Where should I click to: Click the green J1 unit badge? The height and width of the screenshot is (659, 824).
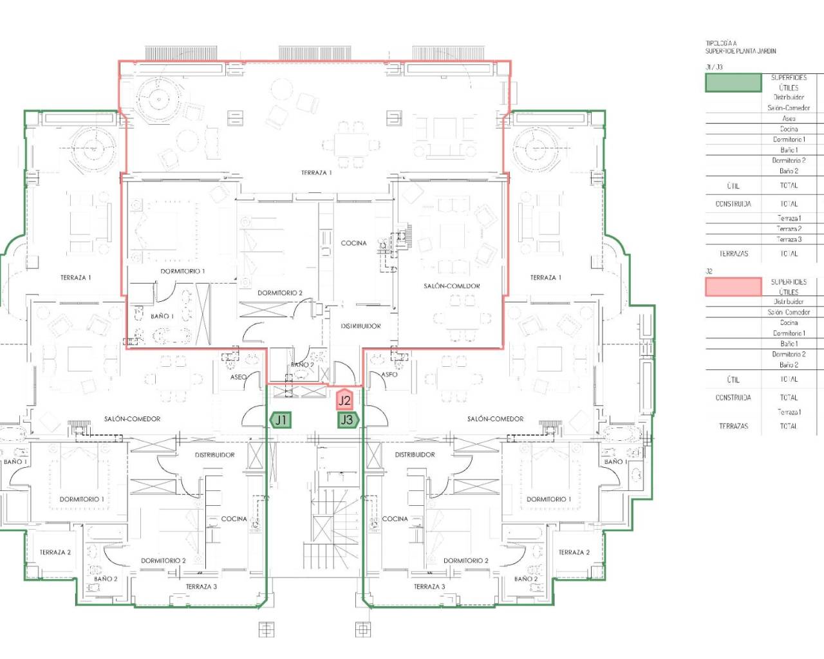[280, 420]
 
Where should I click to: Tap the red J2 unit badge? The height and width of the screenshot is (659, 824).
[344, 400]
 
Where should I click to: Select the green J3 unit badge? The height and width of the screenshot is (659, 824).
[347, 420]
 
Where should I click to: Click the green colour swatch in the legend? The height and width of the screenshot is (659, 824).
[733, 82]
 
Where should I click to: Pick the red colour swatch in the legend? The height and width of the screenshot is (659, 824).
[733, 287]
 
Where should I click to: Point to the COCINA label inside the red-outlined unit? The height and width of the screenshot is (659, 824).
[353, 243]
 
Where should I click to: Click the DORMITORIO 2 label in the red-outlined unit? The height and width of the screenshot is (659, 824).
[279, 293]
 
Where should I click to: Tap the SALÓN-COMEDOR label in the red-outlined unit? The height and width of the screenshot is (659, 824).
[451, 286]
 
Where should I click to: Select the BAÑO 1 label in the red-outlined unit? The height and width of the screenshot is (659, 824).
[162, 316]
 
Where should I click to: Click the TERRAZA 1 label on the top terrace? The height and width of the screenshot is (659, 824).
[316, 172]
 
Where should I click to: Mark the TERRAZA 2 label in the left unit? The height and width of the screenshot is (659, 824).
[55, 552]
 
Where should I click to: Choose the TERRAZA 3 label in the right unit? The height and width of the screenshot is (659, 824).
[429, 586]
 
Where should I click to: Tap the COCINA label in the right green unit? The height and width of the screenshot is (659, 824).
[395, 519]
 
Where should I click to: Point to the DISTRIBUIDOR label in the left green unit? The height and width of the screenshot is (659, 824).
[214, 455]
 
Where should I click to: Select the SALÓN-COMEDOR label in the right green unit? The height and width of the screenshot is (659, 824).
[495, 419]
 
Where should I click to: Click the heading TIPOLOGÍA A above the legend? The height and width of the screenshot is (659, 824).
[720, 44]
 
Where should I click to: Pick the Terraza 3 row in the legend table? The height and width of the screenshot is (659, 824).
[789, 239]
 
